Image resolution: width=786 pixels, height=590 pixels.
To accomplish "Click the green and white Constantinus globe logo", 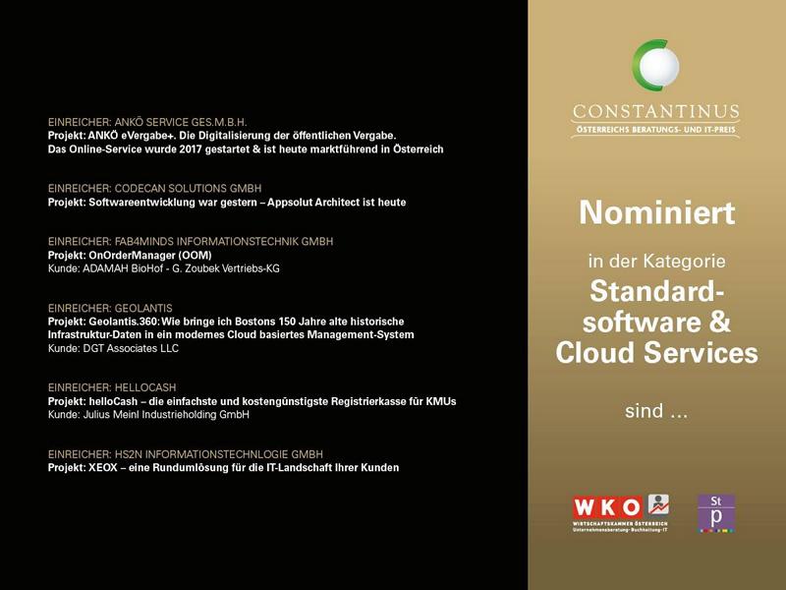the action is tap(655, 66).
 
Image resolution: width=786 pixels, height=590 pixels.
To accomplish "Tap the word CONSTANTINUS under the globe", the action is tap(656, 111).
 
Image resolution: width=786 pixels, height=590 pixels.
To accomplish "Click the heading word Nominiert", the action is tap(656, 212).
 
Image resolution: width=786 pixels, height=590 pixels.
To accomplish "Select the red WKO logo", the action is tap(621, 512).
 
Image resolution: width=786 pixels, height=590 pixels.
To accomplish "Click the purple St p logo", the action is tap(716, 512).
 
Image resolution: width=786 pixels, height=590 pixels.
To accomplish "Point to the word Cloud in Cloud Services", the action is tap(595, 352).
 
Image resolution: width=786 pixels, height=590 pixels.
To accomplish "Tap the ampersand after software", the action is tap(720, 322).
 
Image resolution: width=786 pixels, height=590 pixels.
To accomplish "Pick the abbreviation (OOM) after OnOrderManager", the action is tap(195, 256).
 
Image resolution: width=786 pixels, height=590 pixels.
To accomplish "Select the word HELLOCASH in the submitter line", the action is tap(145, 387).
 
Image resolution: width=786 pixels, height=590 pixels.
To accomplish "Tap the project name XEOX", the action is tap(103, 468).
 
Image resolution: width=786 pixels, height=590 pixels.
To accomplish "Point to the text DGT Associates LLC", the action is tap(131, 348).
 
